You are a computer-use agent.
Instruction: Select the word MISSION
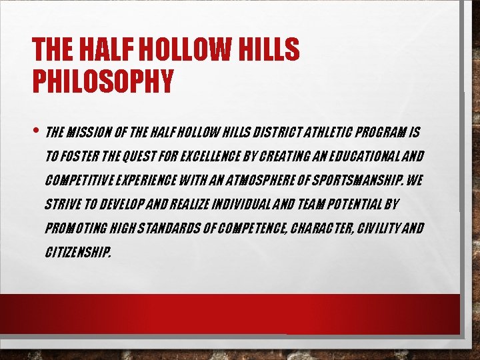pos(91,131)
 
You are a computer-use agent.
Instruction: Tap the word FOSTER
pos(83,156)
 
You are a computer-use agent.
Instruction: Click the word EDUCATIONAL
pos(366,156)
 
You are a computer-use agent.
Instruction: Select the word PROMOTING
pos(75,229)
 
